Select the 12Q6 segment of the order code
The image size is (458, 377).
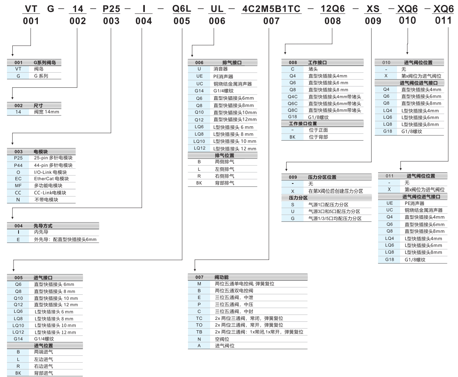pos(332,8)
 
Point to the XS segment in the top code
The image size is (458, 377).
pos(371,8)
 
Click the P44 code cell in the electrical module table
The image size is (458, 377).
pos(18,165)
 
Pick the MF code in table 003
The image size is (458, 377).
pos(18,186)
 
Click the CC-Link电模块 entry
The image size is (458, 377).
pos(50,193)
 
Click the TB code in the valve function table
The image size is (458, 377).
pos(199,332)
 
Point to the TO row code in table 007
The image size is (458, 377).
pos(199,325)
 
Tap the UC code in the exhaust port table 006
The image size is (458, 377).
pos(199,83)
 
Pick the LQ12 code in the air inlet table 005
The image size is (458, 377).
pos(18,332)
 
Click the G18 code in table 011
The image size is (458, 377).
pos(390,260)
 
